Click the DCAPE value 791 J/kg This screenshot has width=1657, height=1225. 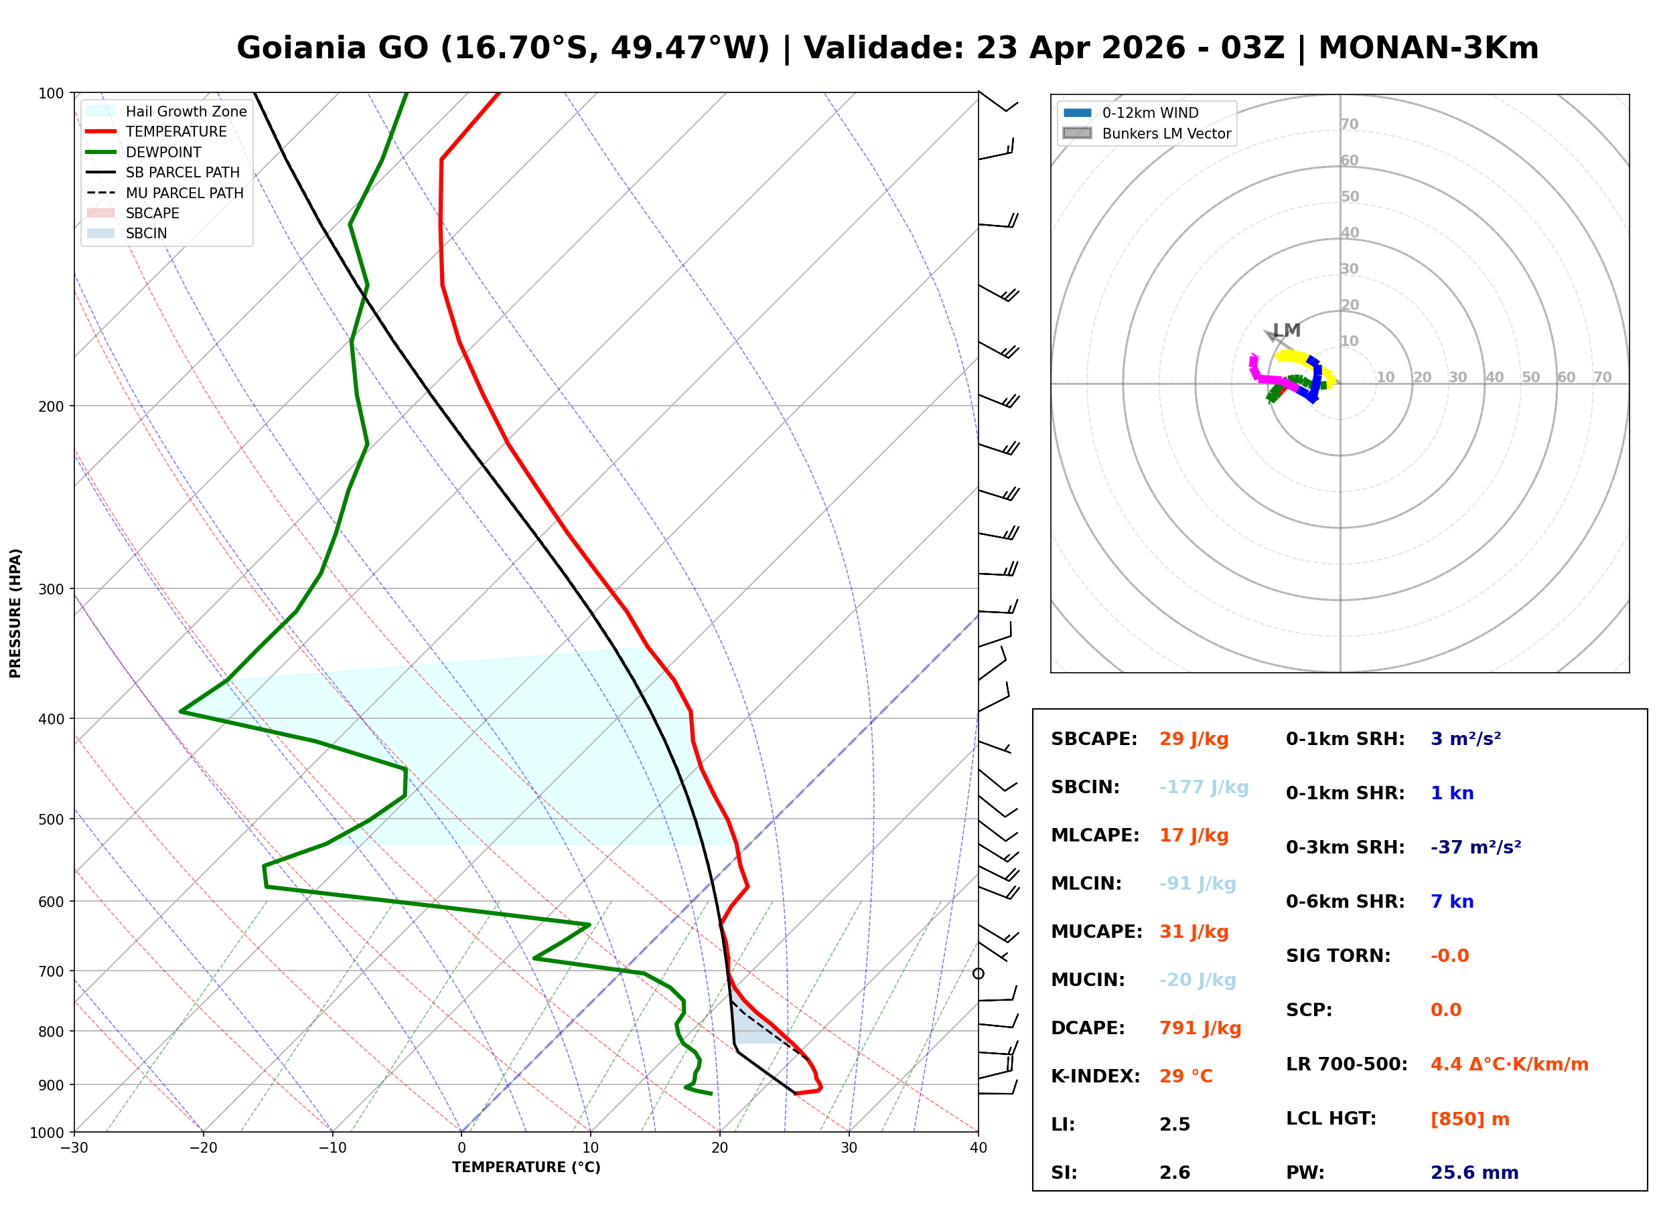pos(1200,1028)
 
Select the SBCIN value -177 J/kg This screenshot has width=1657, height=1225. pos(1203,787)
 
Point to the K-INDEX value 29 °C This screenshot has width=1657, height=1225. pos(1185,1076)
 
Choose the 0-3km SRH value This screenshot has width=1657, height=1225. pos(1475,847)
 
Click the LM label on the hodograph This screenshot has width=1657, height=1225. pos(1286,330)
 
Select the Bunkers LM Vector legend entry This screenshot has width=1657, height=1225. pos(1166,133)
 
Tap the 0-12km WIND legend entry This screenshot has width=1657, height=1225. pos(1150,112)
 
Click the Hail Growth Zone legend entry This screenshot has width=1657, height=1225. pos(186,111)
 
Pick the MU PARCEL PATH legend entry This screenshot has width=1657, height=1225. pos(184,193)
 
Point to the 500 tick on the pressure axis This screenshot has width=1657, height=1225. pos(51,819)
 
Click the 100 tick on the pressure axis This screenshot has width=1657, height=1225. pos(51,94)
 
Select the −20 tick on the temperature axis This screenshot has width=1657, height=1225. pos(202,1148)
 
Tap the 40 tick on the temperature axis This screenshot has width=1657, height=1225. pos(978,1148)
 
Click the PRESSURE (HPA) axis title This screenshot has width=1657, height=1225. pos(15,612)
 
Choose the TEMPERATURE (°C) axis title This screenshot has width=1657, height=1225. pos(526,1167)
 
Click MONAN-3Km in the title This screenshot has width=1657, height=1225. pos(1428,48)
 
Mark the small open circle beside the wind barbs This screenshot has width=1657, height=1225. pos(979,973)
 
